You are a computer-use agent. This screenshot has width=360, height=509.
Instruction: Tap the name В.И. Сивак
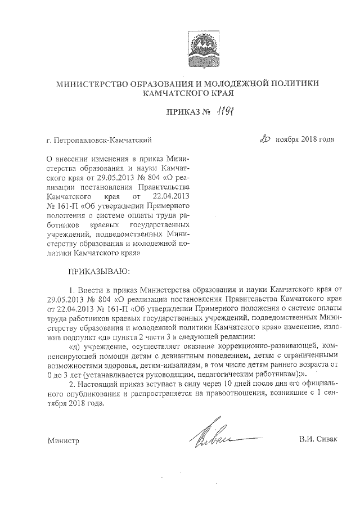(318, 439)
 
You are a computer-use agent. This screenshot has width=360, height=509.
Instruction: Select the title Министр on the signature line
(63, 440)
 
